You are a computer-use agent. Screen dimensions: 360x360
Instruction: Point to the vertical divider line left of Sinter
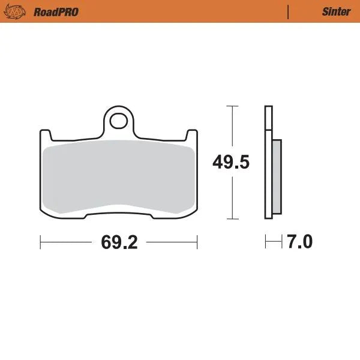[x=289, y=11]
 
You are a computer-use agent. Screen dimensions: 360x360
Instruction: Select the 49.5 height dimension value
[x=232, y=162]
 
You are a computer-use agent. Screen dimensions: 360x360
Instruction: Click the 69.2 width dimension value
[x=119, y=242]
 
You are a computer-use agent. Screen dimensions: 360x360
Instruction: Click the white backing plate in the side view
[x=268, y=162]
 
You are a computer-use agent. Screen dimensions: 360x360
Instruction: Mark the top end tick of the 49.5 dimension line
[x=232, y=106]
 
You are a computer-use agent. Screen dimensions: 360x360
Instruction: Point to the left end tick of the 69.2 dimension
[x=40, y=242]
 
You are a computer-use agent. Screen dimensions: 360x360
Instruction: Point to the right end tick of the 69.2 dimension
[x=197, y=242]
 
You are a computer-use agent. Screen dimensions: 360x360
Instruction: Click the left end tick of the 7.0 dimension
[x=266, y=242]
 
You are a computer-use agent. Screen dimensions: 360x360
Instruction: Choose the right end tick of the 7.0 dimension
[x=281, y=242]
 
